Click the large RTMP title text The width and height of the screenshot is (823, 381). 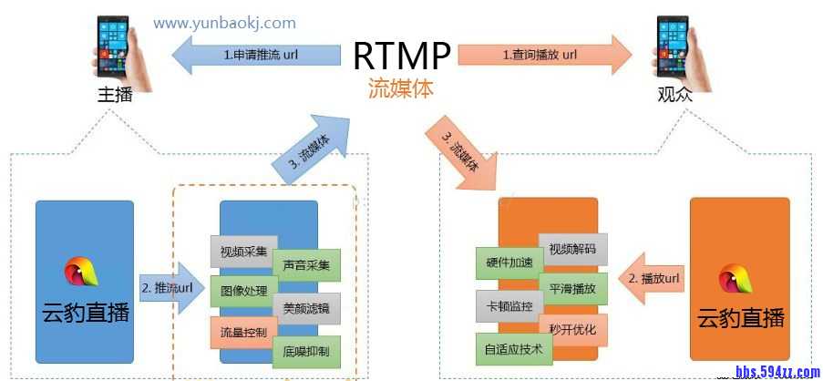[402, 56]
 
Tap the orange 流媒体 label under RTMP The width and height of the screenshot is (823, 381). [400, 88]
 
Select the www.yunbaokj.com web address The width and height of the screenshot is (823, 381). [224, 22]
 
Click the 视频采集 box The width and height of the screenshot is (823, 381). [243, 251]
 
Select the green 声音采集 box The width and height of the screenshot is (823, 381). [306, 265]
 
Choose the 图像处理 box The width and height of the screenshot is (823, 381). [243, 292]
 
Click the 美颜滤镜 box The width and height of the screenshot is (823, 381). [306, 308]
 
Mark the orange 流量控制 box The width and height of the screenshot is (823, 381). [243, 333]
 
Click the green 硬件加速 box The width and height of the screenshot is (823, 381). [509, 263]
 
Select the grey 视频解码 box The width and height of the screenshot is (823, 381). [572, 248]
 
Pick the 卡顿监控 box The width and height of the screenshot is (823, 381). [509, 305]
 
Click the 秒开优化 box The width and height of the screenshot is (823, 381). [572, 329]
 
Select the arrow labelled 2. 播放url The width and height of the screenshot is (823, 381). [653, 277]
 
